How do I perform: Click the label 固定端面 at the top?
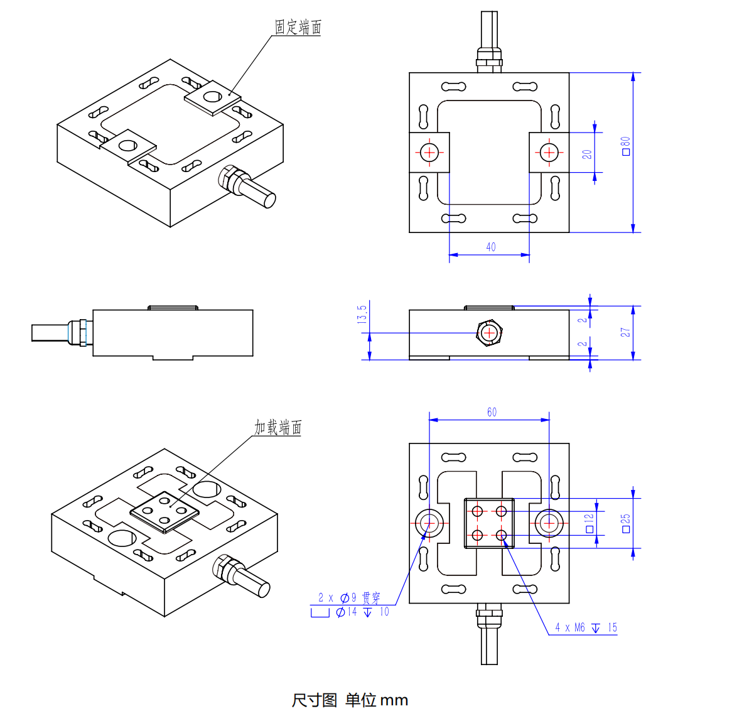[298, 27]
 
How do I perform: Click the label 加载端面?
[277, 428]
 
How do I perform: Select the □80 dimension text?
[626, 146]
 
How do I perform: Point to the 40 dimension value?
[491, 247]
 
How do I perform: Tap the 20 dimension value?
[587, 153]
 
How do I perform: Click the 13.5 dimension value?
[362, 314]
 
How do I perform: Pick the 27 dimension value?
[625, 332]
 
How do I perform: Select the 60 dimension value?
[492, 412]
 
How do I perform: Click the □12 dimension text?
[589, 523]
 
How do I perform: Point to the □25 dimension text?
[625, 523]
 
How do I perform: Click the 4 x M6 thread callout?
[586, 627]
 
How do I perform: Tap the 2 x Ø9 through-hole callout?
[349, 597]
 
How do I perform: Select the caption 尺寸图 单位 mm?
[350, 700]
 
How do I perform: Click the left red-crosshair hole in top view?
[429, 152]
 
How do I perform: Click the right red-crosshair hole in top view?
[549, 152]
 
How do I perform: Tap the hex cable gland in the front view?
[489, 332]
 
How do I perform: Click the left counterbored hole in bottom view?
[429, 522]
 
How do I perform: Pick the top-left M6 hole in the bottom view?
[478, 511]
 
